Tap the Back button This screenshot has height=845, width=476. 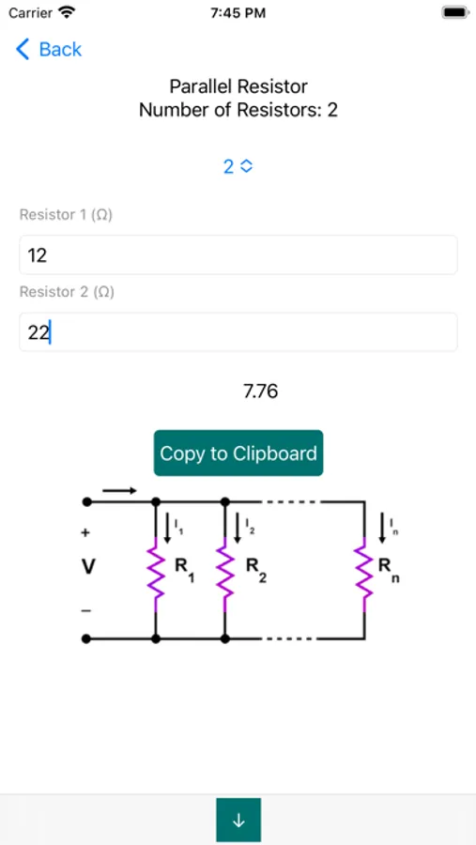[x=49, y=50]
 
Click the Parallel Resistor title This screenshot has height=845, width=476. [x=238, y=86]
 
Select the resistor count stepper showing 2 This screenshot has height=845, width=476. [x=238, y=166]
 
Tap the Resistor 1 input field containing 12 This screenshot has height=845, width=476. [x=238, y=254]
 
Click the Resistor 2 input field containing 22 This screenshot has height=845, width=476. [x=238, y=332]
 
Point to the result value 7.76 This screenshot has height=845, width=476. [x=260, y=392]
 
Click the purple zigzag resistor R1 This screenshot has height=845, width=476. [x=156, y=572]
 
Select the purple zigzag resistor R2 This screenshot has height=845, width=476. [x=224, y=572]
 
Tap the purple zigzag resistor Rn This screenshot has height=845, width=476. [x=362, y=572]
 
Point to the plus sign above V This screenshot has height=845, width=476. [x=85, y=532]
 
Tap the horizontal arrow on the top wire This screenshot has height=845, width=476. [x=119, y=490]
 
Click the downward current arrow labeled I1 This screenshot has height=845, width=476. [x=168, y=527]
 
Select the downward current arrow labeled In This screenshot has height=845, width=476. [x=380, y=527]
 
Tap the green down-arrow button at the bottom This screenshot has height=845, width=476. [x=238, y=820]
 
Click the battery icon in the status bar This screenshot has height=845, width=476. [x=454, y=13]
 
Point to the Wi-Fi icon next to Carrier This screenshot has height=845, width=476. [x=67, y=13]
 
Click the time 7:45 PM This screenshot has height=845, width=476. [x=238, y=13]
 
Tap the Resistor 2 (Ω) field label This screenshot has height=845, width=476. [x=67, y=292]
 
